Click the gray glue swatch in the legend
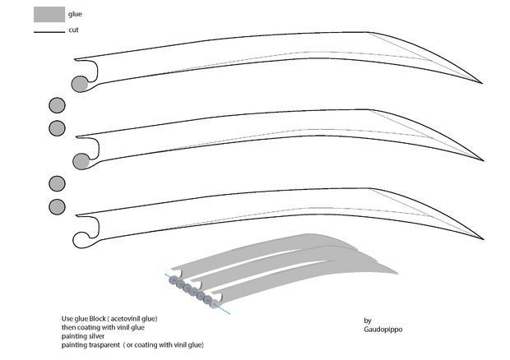coord(49,13)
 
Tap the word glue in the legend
coord(76,14)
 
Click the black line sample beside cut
coord(49,31)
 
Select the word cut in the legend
coord(73,30)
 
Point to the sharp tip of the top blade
coord(483,85)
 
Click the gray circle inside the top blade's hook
coord(80,83)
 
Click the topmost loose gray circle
coord(57,105)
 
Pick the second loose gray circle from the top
coord(57,128)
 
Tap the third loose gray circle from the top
coord(57,183)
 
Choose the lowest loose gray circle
coord(57,206)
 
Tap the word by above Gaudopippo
coord(367,320)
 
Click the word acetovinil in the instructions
coord(130,318)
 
